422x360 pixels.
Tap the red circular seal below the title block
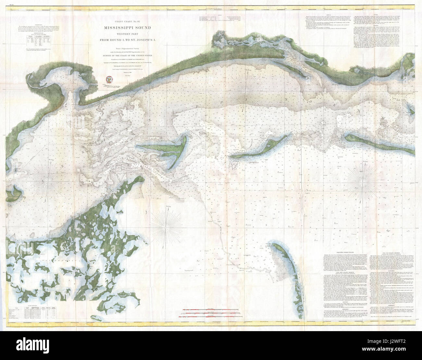point(109,79)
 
